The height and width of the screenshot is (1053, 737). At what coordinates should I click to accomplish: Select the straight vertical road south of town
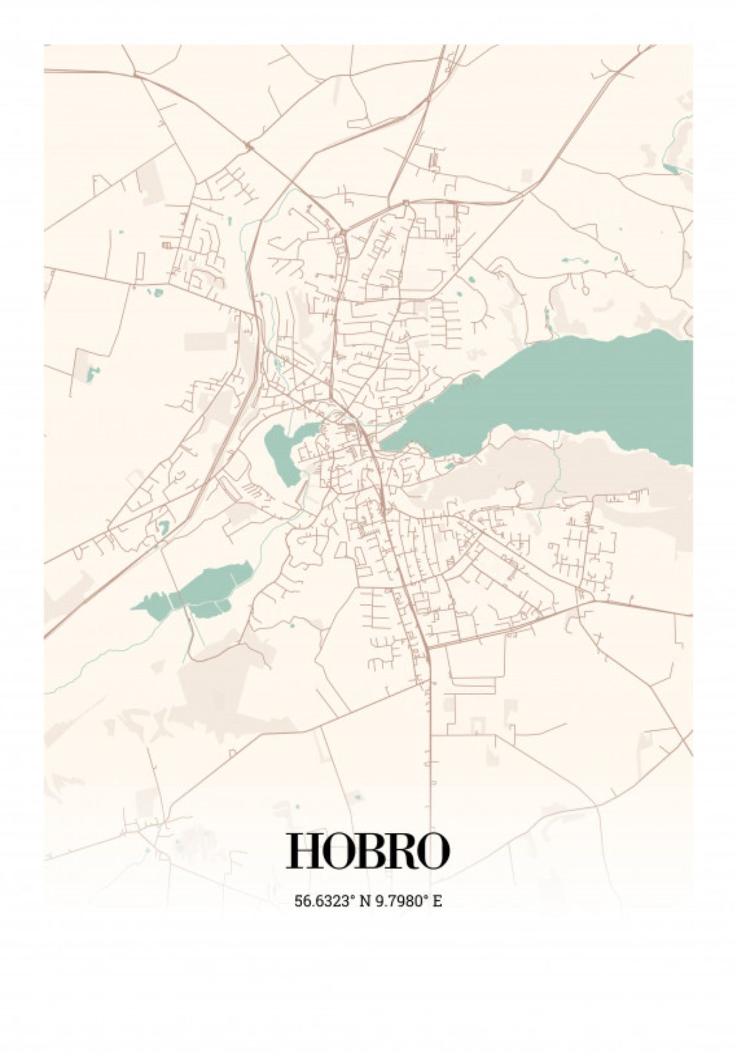[431, 763]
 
